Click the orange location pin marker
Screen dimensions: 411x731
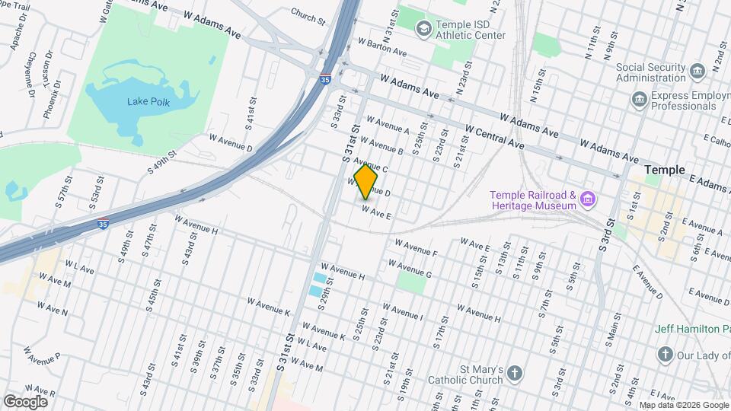pyautogui.click(x=366, y=181)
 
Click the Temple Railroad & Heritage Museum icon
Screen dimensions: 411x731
pyautogui.click(x=587, y=200)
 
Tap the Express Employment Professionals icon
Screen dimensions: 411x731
pyautogui.click(x=639, y=99)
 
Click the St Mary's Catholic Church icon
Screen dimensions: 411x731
pyautogui.click(x=516, y=373)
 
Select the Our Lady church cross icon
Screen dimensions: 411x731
pyautogui.click(x=665, y=355)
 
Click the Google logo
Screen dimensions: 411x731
pyautogui.click(x=25, y=401)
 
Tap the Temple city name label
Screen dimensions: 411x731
pyautogui.click(x=664, y=170)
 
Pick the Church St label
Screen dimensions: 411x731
pyautogui.click(x=308, y=14)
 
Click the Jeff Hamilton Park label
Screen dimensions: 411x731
pyautogui.click(x=692, y=329)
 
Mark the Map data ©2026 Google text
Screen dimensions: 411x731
pyautogui.click(x=682, y=405)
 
